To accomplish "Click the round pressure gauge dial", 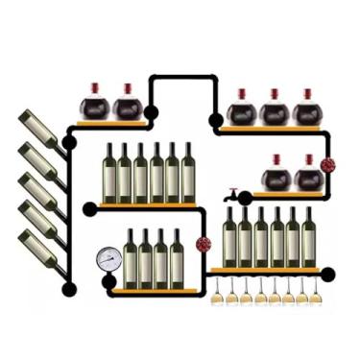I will [108, 258].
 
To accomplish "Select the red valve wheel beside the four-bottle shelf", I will [203, 244].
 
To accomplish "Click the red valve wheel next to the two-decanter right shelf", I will [328, 165].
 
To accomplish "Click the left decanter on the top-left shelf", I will [93, 104].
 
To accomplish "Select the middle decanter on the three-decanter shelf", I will [275, 109].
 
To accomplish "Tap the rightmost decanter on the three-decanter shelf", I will [307, 109].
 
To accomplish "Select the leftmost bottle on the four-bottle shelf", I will [131, 259].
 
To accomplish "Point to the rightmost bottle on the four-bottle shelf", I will [177, 259].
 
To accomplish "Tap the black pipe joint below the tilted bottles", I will [68, 288].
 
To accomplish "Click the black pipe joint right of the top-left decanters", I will [151, 112].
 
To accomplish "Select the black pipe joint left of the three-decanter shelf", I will [216, 121].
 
